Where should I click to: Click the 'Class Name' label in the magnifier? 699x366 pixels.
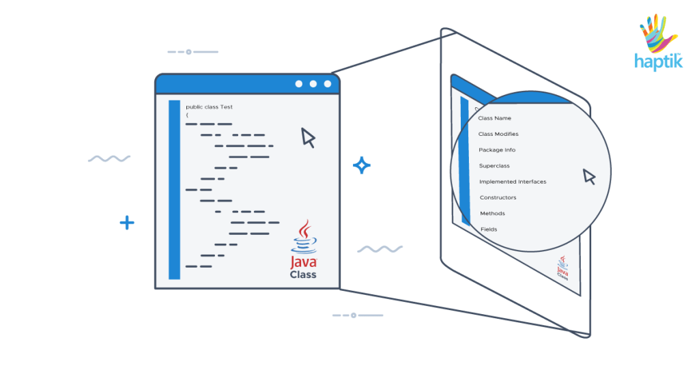494,118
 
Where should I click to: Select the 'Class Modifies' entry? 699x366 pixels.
498,134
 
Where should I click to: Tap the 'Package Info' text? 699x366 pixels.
497,150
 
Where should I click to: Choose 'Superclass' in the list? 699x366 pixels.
494,166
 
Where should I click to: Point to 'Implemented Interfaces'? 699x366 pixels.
513,182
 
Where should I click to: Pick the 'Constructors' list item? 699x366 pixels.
498,197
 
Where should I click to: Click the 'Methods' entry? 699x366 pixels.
492,213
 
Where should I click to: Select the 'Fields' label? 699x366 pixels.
489,229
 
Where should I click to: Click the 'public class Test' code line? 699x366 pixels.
209,107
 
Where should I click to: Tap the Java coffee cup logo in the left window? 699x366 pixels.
303,237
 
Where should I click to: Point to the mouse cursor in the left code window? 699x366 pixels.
308,137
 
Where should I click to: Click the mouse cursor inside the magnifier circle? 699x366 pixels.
589,177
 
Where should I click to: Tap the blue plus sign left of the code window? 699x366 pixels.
127,223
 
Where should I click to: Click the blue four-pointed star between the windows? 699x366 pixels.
361,165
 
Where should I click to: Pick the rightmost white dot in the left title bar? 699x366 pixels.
328,84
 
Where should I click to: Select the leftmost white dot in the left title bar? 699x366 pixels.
298,84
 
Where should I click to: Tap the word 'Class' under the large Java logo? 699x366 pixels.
303,274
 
